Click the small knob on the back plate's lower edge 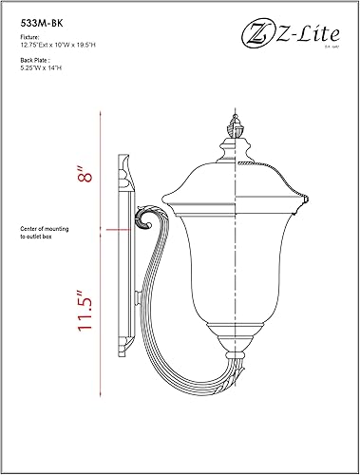(139, 302)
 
